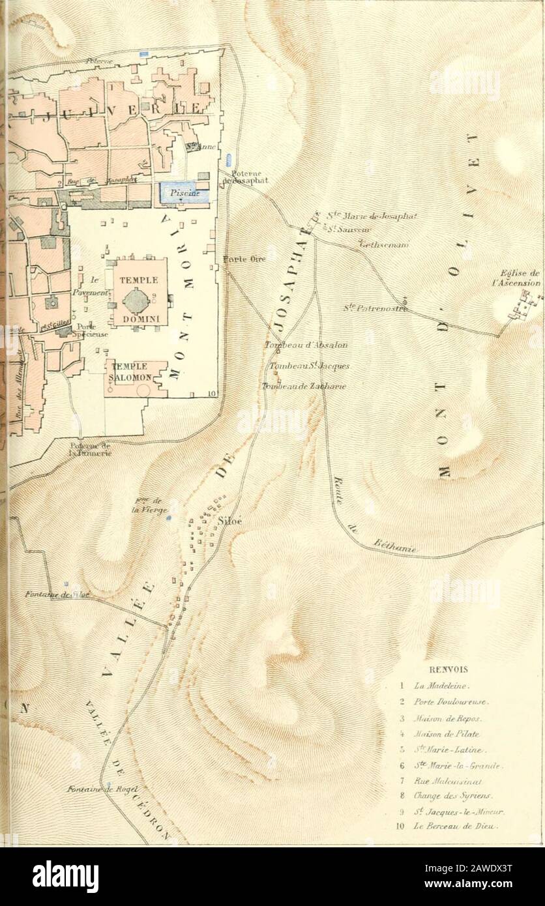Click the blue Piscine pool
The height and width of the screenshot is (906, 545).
point(183,192)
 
